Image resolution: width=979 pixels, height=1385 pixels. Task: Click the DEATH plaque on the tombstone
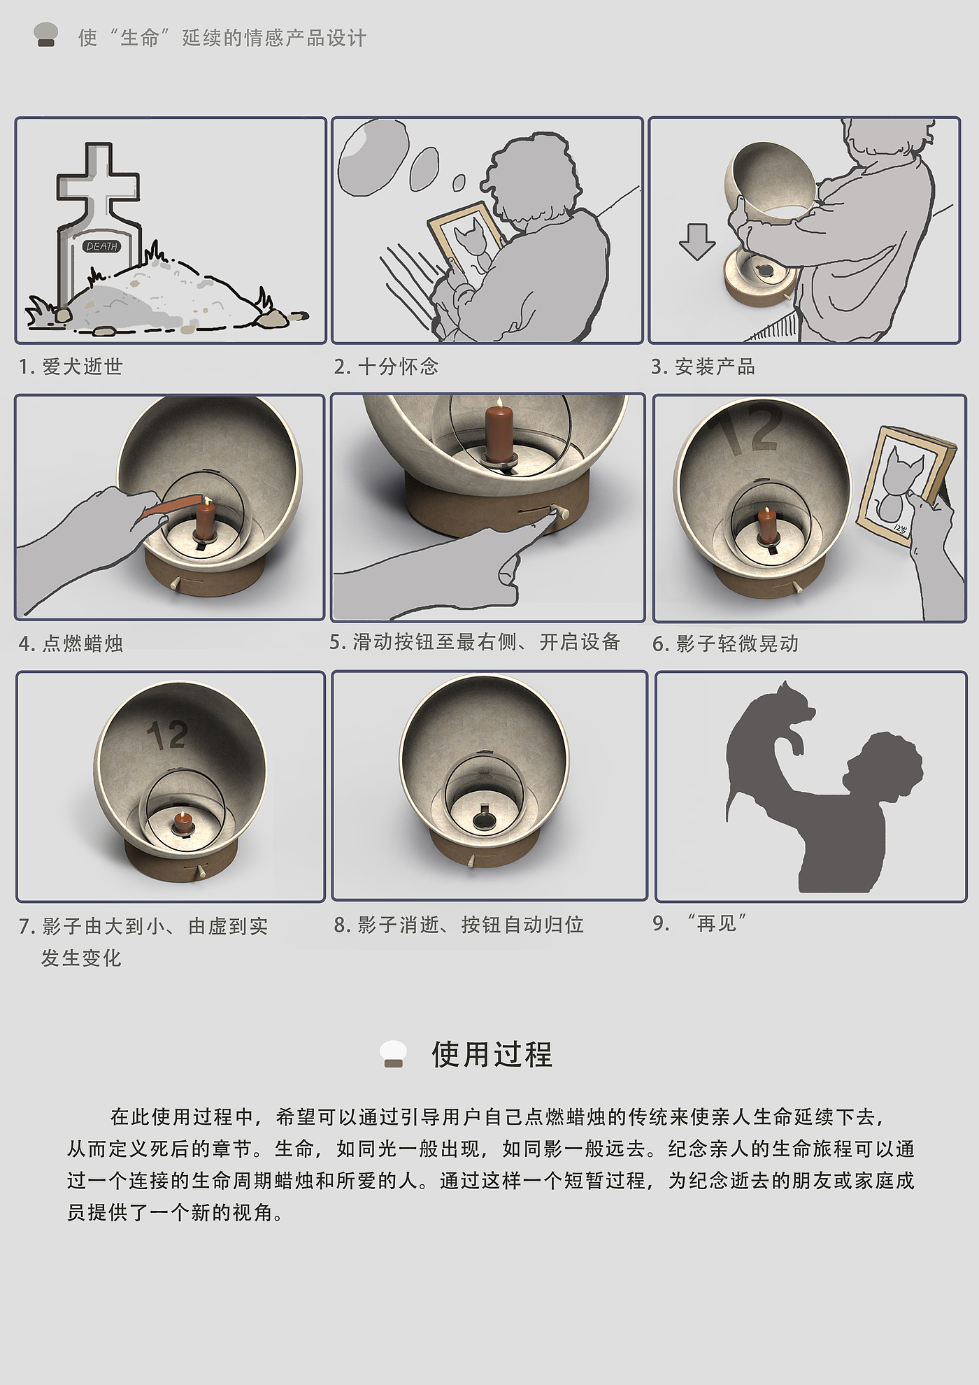[102, 246]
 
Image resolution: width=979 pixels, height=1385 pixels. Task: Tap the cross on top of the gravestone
[97, 183]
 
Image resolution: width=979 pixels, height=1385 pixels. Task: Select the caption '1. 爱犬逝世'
[71, 367]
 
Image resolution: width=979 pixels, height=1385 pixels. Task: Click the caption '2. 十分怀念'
[386, 367]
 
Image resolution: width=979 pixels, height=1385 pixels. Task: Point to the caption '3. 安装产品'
[703, 367]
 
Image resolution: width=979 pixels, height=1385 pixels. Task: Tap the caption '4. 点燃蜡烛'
[71, 644]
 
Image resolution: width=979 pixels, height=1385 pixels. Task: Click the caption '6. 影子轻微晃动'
[725, 644]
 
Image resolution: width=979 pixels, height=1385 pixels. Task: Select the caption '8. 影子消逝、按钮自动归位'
[459, 925]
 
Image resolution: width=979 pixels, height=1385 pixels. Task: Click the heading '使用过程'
[492, 1055]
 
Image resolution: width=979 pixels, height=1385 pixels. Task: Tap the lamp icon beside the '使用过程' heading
[393, 1054]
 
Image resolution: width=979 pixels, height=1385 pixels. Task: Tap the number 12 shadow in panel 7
[168, 734]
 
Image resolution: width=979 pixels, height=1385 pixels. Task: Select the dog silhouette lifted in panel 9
[769, 741]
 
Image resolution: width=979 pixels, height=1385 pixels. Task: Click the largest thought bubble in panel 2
[370, 156]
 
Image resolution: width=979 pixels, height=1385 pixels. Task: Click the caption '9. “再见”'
[699, 923]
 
